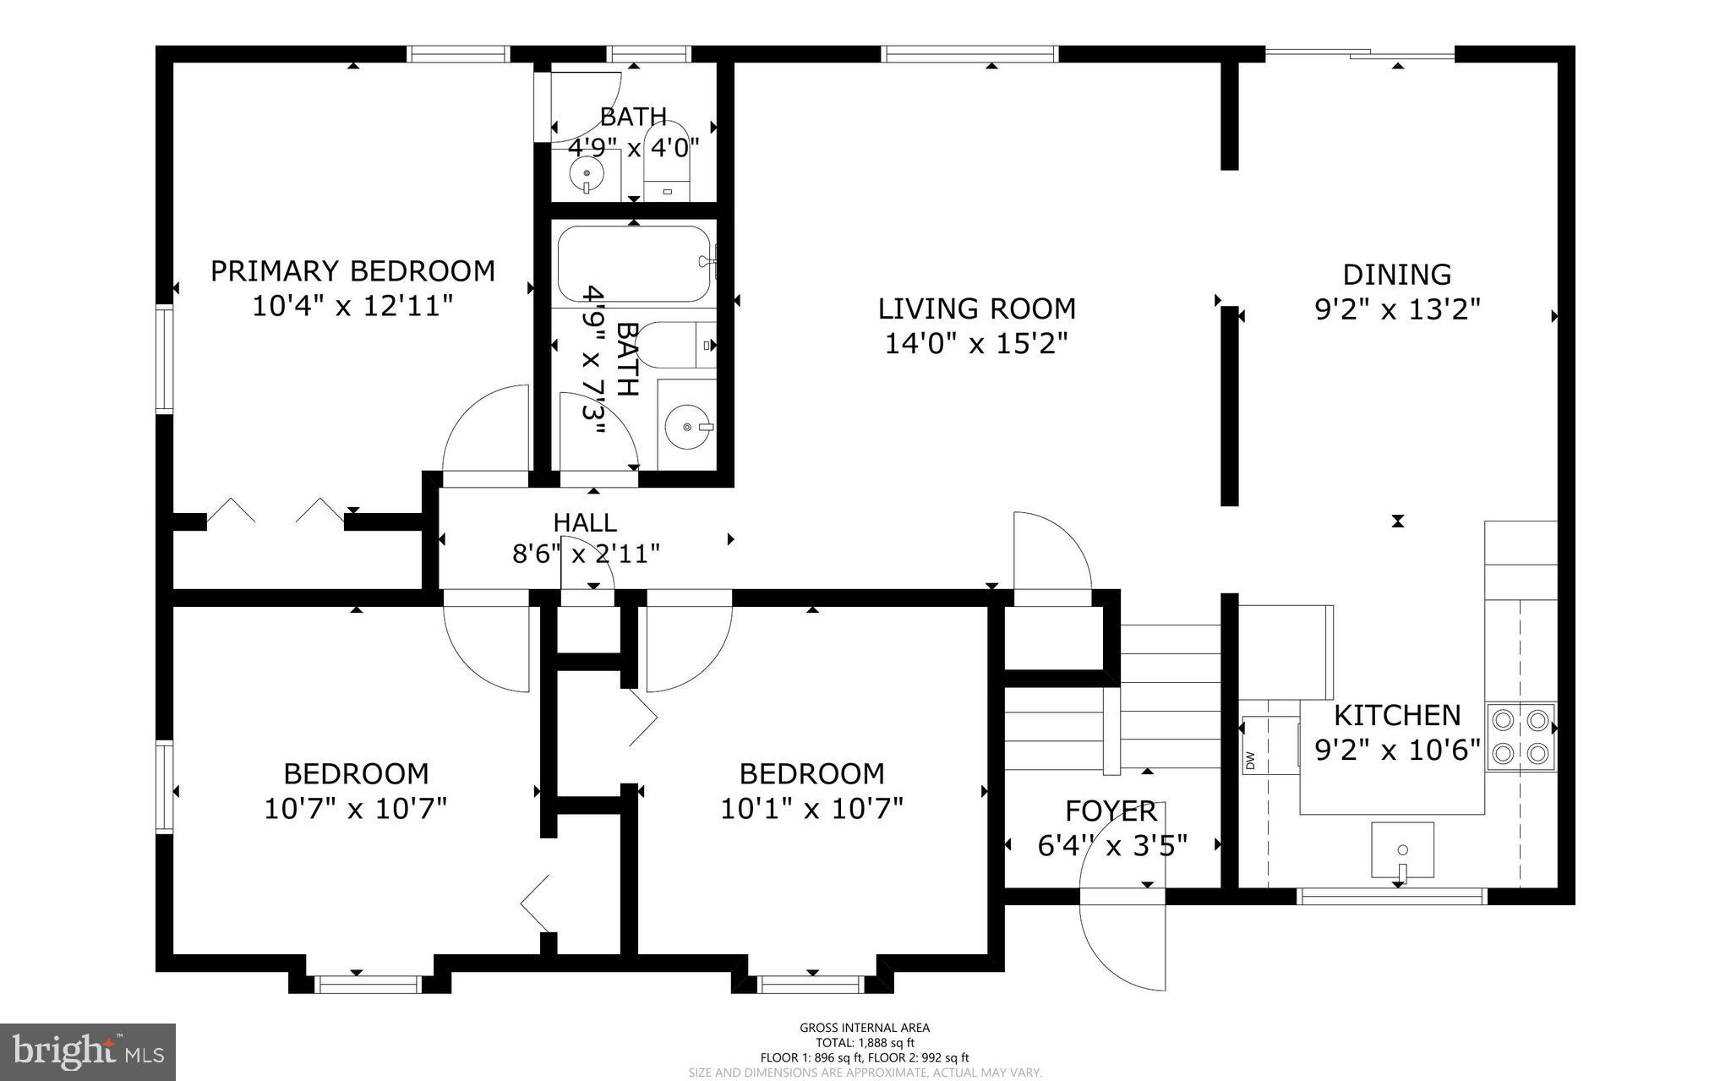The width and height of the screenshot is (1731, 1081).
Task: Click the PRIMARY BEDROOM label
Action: pos(352,271)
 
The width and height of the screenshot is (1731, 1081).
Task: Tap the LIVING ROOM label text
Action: pos(977,308)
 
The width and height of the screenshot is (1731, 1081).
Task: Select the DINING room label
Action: pos(1397,275)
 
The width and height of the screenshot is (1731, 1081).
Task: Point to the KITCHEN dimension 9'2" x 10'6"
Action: pos(1397,750)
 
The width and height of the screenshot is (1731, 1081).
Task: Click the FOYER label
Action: pos(1111,811)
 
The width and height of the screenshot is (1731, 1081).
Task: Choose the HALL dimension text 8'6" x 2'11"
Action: pos(586,554)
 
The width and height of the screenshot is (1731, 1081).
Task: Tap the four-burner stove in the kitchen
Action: pos(1521,737)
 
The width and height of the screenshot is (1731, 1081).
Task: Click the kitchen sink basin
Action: pos(1402,850)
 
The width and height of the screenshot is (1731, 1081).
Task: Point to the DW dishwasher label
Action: pos(1250,761)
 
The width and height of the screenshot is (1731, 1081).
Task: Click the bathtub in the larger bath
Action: pos(636,264)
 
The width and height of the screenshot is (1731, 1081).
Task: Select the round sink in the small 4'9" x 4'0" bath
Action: pos(587,174)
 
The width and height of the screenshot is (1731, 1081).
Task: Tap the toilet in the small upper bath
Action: pos(667,163)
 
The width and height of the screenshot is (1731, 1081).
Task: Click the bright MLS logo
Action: pos(88,1052)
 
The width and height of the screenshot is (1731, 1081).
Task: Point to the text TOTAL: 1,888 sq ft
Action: pos(865,1043)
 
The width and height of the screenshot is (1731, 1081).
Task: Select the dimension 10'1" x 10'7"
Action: pos(812,809)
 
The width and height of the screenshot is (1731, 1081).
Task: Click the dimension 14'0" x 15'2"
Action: pos(977,344)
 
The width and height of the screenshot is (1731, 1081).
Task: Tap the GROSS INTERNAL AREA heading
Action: pos(865,1028)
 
